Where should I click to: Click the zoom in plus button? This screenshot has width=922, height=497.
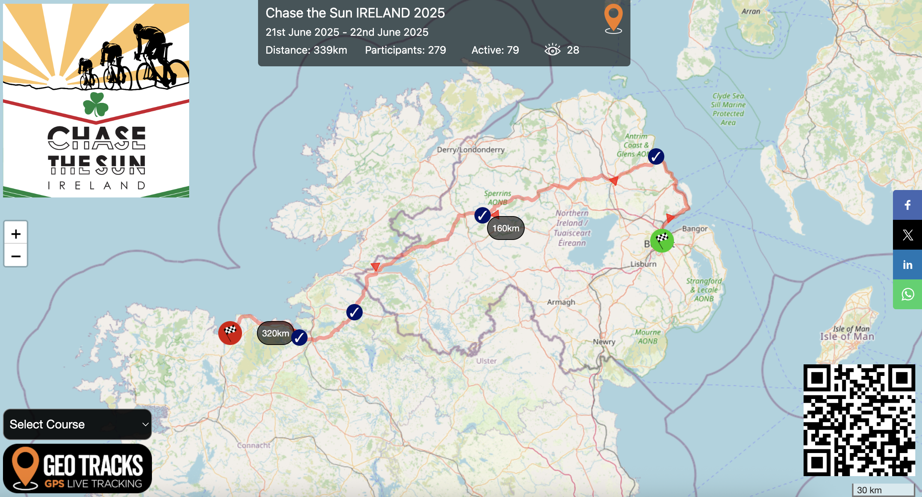[16, 234]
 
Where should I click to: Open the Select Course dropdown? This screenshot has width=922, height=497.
[77, 424]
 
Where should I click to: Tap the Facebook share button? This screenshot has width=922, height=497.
[907, 205]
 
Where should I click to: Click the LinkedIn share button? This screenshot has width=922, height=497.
[907, 265]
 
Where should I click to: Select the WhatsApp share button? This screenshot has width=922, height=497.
[907, 294]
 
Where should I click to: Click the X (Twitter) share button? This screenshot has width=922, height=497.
[907, 235]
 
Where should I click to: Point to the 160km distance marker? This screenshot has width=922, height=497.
[506, 228]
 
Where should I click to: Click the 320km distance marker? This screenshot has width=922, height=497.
[275, 333]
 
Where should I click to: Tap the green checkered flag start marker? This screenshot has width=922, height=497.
[662, 240]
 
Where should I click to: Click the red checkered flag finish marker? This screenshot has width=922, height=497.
[230, 333]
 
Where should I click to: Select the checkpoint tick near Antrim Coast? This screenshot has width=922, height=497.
[656, 156]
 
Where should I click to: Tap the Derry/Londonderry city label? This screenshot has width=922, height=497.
[471, 150]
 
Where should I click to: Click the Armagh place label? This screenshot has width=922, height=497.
[561, 302]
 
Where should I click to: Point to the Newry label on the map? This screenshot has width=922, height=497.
[604, 342]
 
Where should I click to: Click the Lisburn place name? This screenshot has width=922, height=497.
[643, 264]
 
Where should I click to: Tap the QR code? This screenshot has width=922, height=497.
[859, 420]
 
